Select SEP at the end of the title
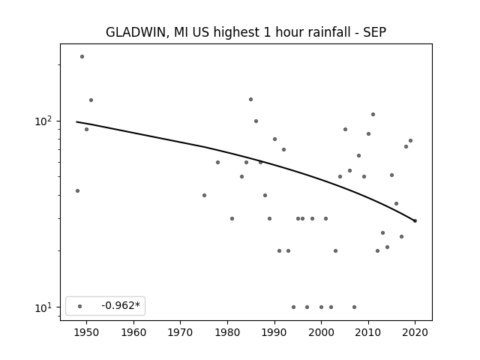(x=375, y=32)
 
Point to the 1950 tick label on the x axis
(x=86, y=332)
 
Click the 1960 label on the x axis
(x=133, y=332)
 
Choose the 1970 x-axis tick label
(x=180, y=332)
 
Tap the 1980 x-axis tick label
(x=227, y=332)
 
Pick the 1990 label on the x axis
(x=274, y=332)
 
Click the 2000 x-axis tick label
(x=322, y=332)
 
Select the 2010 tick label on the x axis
(x=368, y=332)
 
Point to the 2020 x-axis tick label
(x=415, y=332)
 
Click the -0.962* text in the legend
(x=121, y=305)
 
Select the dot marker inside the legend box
(x=80, y=306)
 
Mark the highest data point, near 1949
(x=82, y=57)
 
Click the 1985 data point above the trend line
(x=250, y=99)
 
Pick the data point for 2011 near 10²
(x=373, y=115)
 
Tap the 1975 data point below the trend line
(x=204, y=195)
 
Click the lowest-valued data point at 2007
(x=354, y=307)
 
